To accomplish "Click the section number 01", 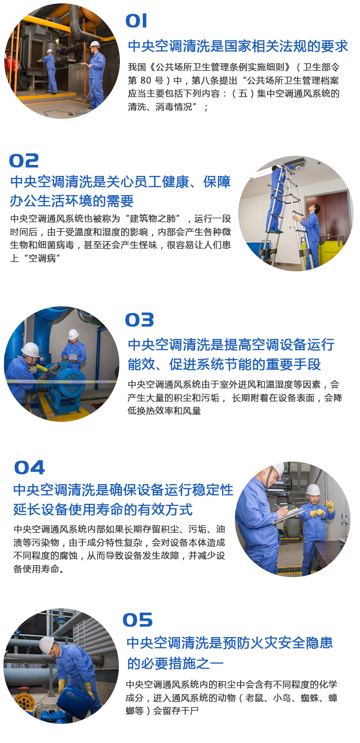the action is pyautogui.click(x=136, y=21).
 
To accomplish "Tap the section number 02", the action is pyautogui.click(x=24, y=161).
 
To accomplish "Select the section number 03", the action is pyautogui.click(x=139, y=320).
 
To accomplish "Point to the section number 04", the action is pyautogui.click(x=29, y=467).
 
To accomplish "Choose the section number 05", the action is pyautogui.click(x=138, y=620).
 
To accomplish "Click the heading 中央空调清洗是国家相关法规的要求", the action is pyautogui.click(x=238, y=46).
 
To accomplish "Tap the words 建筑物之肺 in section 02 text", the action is pyautogui.click(x=152, y=219).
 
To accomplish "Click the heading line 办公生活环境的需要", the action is pyautogui.click(x=71, y=201).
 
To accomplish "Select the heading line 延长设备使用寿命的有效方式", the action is pyautogui.click(x=103, y=510).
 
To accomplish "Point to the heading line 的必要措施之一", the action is pyautogui.click(x=175, y=663).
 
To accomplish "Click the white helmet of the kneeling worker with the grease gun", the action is pyautogui.click(x=30, y=349).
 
